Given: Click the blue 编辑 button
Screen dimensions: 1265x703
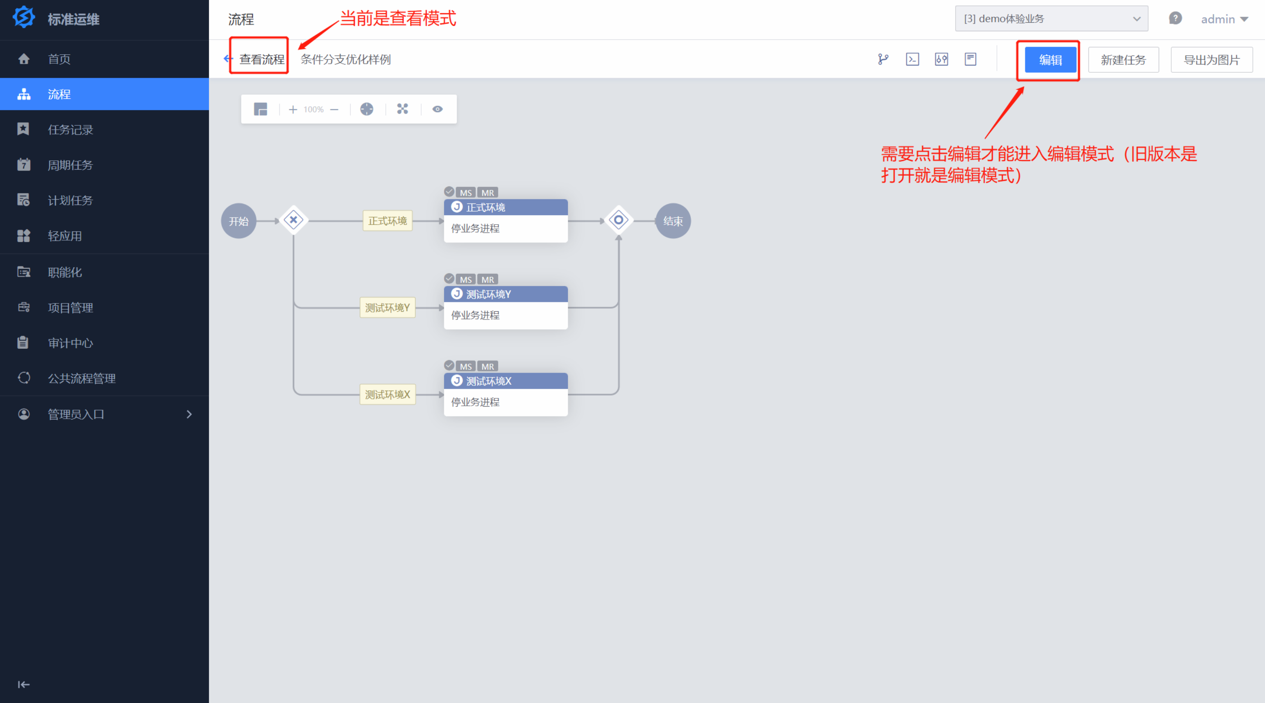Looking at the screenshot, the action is tap(1050, 60).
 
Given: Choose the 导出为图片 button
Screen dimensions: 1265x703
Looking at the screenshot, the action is tap(1211, 60).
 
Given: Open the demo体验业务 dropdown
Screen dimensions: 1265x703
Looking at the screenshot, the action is tap(1051, 19).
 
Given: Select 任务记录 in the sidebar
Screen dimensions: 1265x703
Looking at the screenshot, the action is tap(70, 130).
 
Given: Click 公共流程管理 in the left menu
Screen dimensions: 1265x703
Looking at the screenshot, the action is tap(82, 378).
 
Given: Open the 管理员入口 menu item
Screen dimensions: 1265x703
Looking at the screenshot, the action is tap(76, 414).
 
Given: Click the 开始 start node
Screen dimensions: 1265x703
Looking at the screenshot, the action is tap(239, 221).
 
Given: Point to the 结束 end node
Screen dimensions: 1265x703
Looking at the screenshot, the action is tap(673, 221).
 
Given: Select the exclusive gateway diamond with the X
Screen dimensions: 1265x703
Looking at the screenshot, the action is tap(293, 220).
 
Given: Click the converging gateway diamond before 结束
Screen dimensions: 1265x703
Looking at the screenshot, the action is tap(618, 220).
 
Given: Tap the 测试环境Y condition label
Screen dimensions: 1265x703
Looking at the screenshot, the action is tap(387, 308).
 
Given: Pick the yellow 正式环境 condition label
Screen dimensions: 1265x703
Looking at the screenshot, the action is tap(387, 221).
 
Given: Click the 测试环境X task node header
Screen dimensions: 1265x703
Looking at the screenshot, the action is tap(505, 381).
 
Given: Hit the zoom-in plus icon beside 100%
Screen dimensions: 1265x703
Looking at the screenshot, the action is tap(293, 109).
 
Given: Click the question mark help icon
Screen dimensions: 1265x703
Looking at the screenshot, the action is tap(1175, 19).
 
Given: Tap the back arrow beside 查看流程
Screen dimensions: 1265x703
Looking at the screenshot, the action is tap(227, 59).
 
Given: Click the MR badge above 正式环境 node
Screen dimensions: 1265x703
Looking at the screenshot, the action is tap(488, 193).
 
